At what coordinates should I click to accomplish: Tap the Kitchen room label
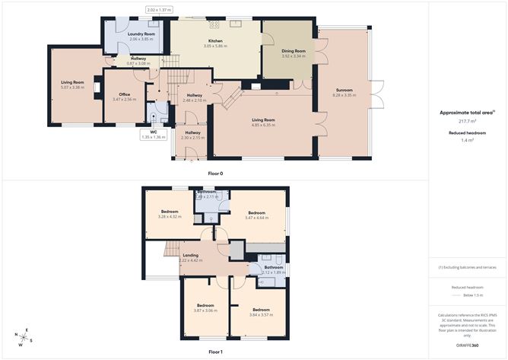tap(215, 41)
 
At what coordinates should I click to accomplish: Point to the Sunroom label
tap(344, 90)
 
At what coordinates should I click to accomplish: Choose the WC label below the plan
tap(153, 132)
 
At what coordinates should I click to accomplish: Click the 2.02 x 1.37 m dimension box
tap(159, 10)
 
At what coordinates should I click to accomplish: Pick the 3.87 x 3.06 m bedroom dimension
tap(206, 311)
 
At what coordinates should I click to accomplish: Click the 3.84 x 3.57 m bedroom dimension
tap(262, 315)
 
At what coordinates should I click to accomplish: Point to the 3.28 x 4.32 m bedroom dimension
tap(169, 217)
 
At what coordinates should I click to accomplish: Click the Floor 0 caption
tap(216, 174)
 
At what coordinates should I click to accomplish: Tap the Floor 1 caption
tap(216, 352)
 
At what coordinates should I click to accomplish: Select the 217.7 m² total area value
tap(467, 121)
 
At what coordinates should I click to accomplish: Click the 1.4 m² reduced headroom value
tap(467, 141)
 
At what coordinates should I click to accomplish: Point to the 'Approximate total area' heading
tap(466, 113)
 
